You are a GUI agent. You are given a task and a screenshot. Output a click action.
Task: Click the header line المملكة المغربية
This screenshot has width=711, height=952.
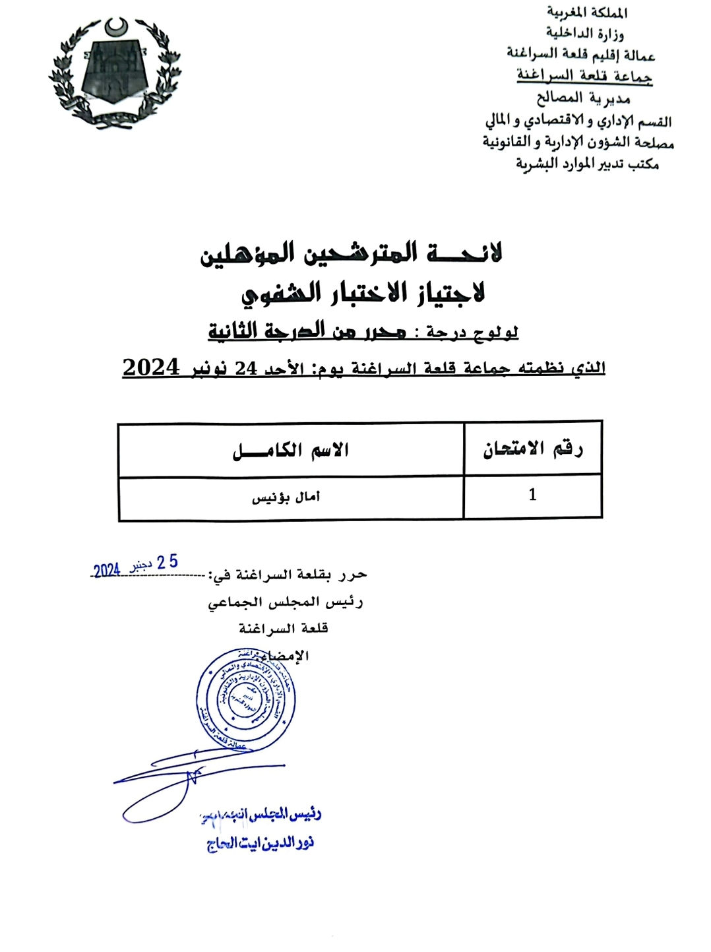click(587, 13)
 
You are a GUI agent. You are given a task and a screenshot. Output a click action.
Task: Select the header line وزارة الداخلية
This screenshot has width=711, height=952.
click(584, 33)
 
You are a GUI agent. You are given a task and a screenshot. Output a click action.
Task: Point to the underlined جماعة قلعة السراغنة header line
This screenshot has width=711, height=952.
click(584, 76)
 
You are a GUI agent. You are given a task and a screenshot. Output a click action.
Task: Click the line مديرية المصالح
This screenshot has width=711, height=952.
click(583, 98)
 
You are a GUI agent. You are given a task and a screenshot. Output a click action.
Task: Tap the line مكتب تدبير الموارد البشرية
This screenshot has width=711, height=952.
click(587, 164)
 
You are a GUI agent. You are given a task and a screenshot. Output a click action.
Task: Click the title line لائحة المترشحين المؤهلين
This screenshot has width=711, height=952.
click(352, 253)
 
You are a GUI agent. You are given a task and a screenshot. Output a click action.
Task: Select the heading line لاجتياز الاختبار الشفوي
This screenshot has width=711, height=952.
click(363, 292)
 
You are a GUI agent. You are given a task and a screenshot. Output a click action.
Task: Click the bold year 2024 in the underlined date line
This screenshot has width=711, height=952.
click(151, 367)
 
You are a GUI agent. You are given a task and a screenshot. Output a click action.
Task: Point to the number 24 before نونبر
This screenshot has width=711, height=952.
click(246, 368)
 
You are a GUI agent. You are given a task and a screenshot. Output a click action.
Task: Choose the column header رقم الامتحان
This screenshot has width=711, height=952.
click(533, 449)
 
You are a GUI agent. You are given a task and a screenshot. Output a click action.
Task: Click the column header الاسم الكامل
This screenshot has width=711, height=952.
click(291, 451)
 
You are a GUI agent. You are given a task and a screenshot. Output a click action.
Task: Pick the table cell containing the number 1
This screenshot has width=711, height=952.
click(532, 495)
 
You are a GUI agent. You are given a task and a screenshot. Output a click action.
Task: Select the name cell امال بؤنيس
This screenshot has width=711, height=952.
click(286, 497)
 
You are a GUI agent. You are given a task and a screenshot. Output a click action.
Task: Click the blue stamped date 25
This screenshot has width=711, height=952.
click(168, 562)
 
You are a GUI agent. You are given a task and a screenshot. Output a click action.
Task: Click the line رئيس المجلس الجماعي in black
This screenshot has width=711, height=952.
click(285, 602)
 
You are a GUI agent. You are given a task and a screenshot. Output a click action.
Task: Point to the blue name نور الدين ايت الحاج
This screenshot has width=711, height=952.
click(260, 843)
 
